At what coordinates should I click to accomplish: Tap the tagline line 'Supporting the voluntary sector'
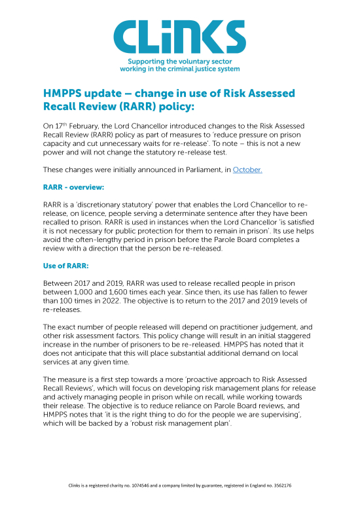tap(180, 60)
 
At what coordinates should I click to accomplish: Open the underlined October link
tap(247, 169)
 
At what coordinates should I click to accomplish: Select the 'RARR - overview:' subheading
tap(74, 186)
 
